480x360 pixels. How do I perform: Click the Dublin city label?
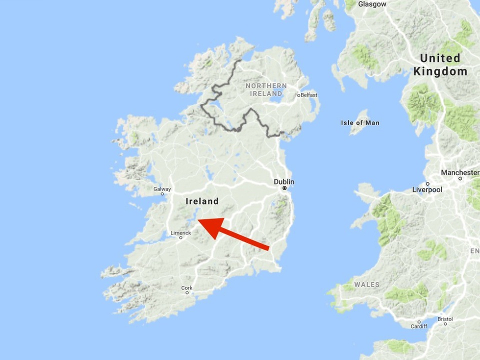(x=284, y=181)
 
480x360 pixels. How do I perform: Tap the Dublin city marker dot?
(x=284, y=188)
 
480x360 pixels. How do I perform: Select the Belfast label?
(x=309, y=95)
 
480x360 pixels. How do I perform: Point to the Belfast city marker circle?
(x=298, y=95)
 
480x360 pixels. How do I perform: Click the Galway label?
(x=162, y=189)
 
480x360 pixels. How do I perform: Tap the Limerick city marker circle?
(x=181, y=238)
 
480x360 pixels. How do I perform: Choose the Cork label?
(x=187, y=288)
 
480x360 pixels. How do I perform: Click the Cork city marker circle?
(x=187, y=293)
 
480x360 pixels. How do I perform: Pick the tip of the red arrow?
(x=198, y=220)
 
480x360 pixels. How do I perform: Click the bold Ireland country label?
(x=202, y=201)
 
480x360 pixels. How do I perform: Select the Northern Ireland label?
(x=266, y=89)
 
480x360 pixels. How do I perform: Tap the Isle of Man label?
(x=360, y=122)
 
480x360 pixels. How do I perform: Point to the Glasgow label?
(x=372, y=4)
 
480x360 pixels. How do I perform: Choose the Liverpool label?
(x=427, y=189)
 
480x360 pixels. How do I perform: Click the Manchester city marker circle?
(x=460, y=178)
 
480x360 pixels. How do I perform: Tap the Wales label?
(x=367, y=284)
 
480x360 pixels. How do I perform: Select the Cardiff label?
(x=419, y=326)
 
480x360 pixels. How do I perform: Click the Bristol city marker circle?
(x=444, y=324)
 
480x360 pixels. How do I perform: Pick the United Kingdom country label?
(x=440, y=64)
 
